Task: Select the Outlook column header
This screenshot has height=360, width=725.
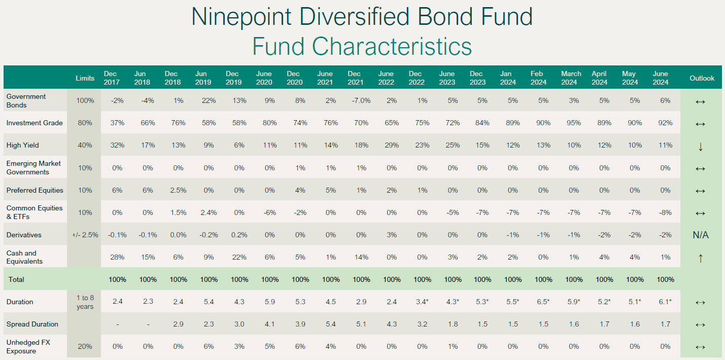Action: click(x=701, y=78)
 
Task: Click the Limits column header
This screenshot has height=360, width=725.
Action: click(x=85, y=78)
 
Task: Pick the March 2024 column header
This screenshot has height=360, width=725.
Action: click(x=571, y=78)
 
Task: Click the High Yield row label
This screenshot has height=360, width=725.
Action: click(x=23, y=146)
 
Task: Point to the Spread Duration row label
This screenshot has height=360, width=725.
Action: click(x=32, y=324)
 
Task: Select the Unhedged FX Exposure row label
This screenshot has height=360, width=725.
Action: click(x=28, y=347)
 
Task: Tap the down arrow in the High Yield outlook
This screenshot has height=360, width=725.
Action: click(x=701, y=147)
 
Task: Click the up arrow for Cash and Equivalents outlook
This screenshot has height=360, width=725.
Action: click(x=701, y=258)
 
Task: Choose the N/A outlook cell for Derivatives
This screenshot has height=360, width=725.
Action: click(x=701, y=235)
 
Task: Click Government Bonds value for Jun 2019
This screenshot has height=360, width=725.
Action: click(x=209, y=100)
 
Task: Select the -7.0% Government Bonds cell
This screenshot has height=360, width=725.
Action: click(x=361, y=100)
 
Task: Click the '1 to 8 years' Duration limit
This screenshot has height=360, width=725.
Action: click(x=85, y=302)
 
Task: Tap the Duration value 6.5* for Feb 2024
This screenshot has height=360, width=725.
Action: click(x=543, y=302)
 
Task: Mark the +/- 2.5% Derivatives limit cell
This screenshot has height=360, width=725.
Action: click(x=85, y=235)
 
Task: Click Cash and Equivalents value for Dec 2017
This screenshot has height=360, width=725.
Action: click(x=117, y=257)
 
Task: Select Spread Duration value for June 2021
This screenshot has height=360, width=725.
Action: click(x=331, y=324)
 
